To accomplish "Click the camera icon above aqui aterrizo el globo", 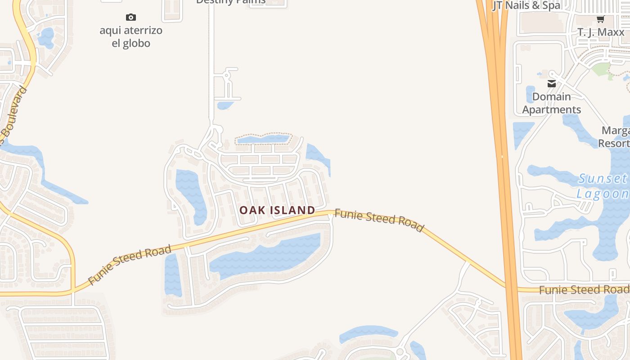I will coord(131,18).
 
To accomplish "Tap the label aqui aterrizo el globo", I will coord(131,37).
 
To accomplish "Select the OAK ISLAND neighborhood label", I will coord(277,210).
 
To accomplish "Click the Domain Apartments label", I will coord(552,103).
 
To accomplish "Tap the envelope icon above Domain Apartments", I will coord(552,84).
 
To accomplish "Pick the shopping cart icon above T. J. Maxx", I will coord(600,19).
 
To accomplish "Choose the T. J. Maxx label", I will coord(601,32).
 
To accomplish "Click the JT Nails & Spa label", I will coord(527,5).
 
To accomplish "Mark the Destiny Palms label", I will coord(231,2).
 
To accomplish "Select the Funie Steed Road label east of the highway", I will coord(584,289).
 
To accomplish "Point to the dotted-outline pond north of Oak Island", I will coord(263,139).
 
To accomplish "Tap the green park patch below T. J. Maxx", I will coord(601,70).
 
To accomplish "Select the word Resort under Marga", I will coord(614,143).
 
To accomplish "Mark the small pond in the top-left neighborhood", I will coord(46,38).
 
